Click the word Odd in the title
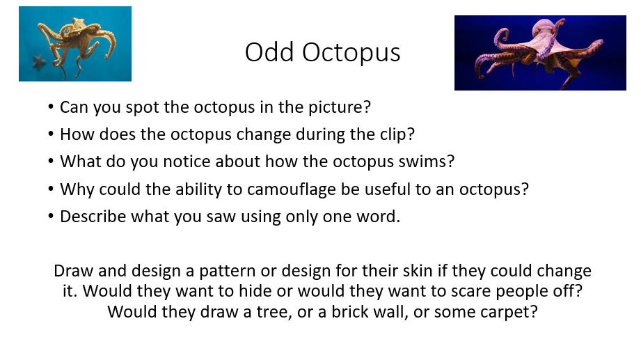[x=269, y=52]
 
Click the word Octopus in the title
[x=351, y=53]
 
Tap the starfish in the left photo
[x=39, y=62]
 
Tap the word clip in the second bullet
[x=397, y=134]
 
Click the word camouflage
[x=291, y=190]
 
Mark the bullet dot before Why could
[x=51, y=189]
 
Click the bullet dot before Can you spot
[x=51, y=107]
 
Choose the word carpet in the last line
[x=508, y=313]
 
